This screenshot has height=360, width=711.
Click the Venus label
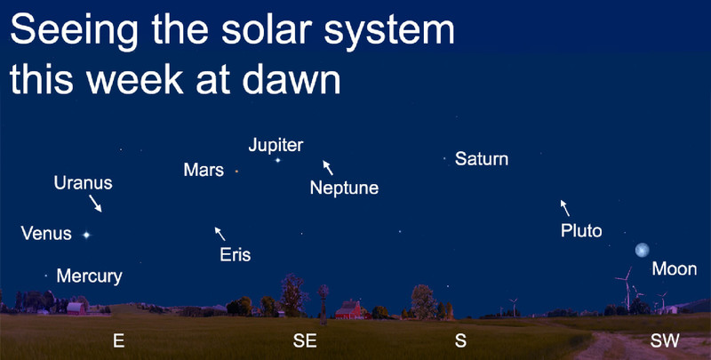[46, 234]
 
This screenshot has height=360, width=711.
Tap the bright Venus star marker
[86, 235]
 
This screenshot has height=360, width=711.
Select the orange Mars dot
[236, 172]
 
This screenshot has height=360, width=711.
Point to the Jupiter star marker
[278, 160]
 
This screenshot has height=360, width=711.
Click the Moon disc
[642, 250]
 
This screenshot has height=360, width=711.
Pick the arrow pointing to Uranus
[95, 204]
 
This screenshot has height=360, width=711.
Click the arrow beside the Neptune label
[328, 168]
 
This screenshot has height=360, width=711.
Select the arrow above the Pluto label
[565, 208]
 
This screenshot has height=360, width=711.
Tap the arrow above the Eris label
[220, 234]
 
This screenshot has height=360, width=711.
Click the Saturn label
[482, 159]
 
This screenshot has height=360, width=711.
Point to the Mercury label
[90, 276]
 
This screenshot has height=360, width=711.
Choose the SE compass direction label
[305, 341]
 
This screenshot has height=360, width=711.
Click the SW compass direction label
[665, 341]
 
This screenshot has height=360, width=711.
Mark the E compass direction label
[119, 341]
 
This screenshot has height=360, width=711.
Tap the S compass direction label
[460, 341]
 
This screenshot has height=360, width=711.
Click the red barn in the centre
[348, 309]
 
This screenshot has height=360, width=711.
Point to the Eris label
[236, 254]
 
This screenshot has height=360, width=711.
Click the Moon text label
[675, 268]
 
